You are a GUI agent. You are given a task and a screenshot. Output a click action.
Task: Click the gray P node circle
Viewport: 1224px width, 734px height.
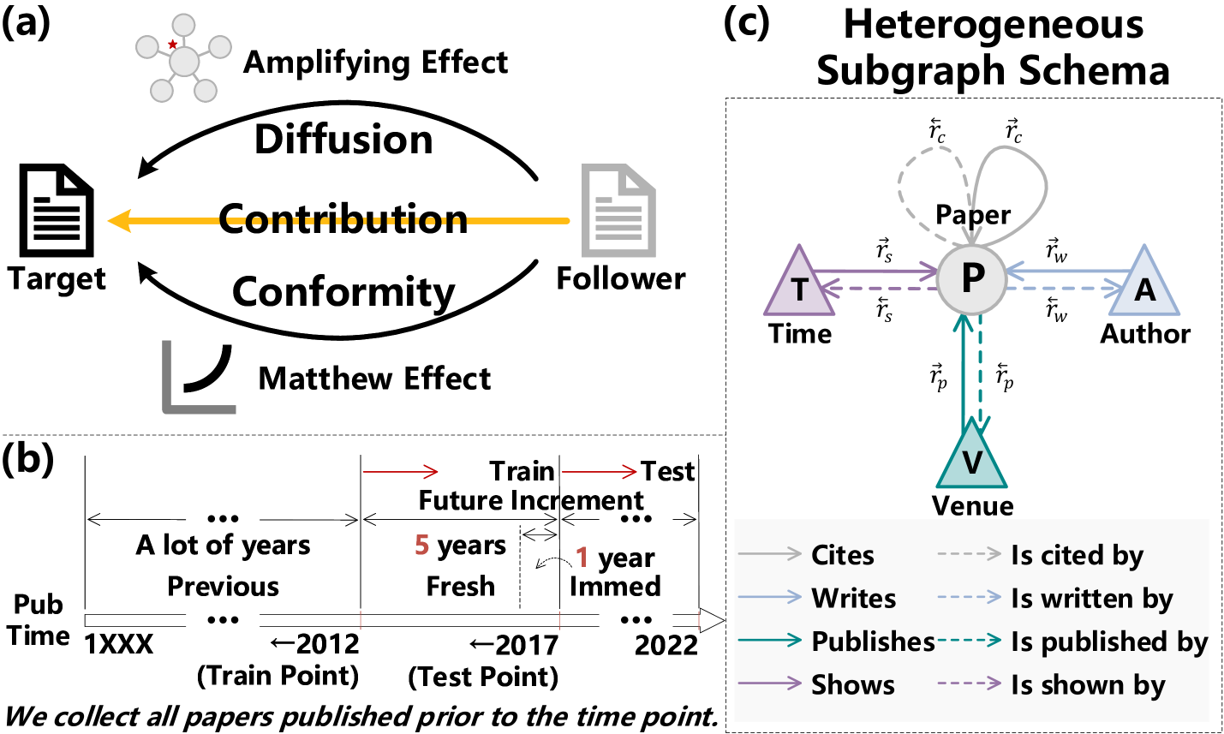[x=971, y=279]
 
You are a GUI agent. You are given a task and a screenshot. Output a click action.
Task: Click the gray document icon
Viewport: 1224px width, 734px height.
[x=618, y=211]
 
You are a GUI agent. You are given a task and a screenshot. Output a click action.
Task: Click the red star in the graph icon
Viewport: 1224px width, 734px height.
[x=173, y=45]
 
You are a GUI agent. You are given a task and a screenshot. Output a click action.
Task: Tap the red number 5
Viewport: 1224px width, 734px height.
[x=421, y=545]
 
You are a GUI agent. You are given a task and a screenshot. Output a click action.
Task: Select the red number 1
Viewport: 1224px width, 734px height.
[x=582, y=558]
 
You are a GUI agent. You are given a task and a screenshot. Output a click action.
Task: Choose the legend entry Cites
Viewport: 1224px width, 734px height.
[x=842, y=555]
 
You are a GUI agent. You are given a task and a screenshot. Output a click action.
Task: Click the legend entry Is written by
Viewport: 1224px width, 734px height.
[x=1091, y=599]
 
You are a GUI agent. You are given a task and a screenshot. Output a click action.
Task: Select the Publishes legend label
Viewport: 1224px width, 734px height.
[x=872, y=642]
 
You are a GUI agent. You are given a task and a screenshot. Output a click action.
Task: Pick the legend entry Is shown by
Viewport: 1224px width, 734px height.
[x=1088, y=685]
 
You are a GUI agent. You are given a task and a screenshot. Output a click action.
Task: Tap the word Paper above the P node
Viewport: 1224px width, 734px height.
[x=972, y=214]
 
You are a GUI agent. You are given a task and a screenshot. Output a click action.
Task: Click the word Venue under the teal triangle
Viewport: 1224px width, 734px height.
[x=972, y=505]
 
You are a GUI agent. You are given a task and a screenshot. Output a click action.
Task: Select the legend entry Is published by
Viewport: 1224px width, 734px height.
[x=1108, y=642]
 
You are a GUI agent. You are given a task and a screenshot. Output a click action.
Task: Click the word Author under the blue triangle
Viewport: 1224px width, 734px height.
[x=1144, y=333]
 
